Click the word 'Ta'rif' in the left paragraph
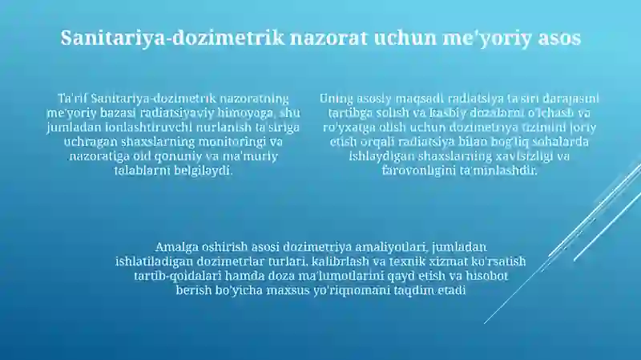click(x=72, y=99)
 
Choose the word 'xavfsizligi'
click(x=525, y=156)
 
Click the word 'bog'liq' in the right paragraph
click(x=502, y=142)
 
